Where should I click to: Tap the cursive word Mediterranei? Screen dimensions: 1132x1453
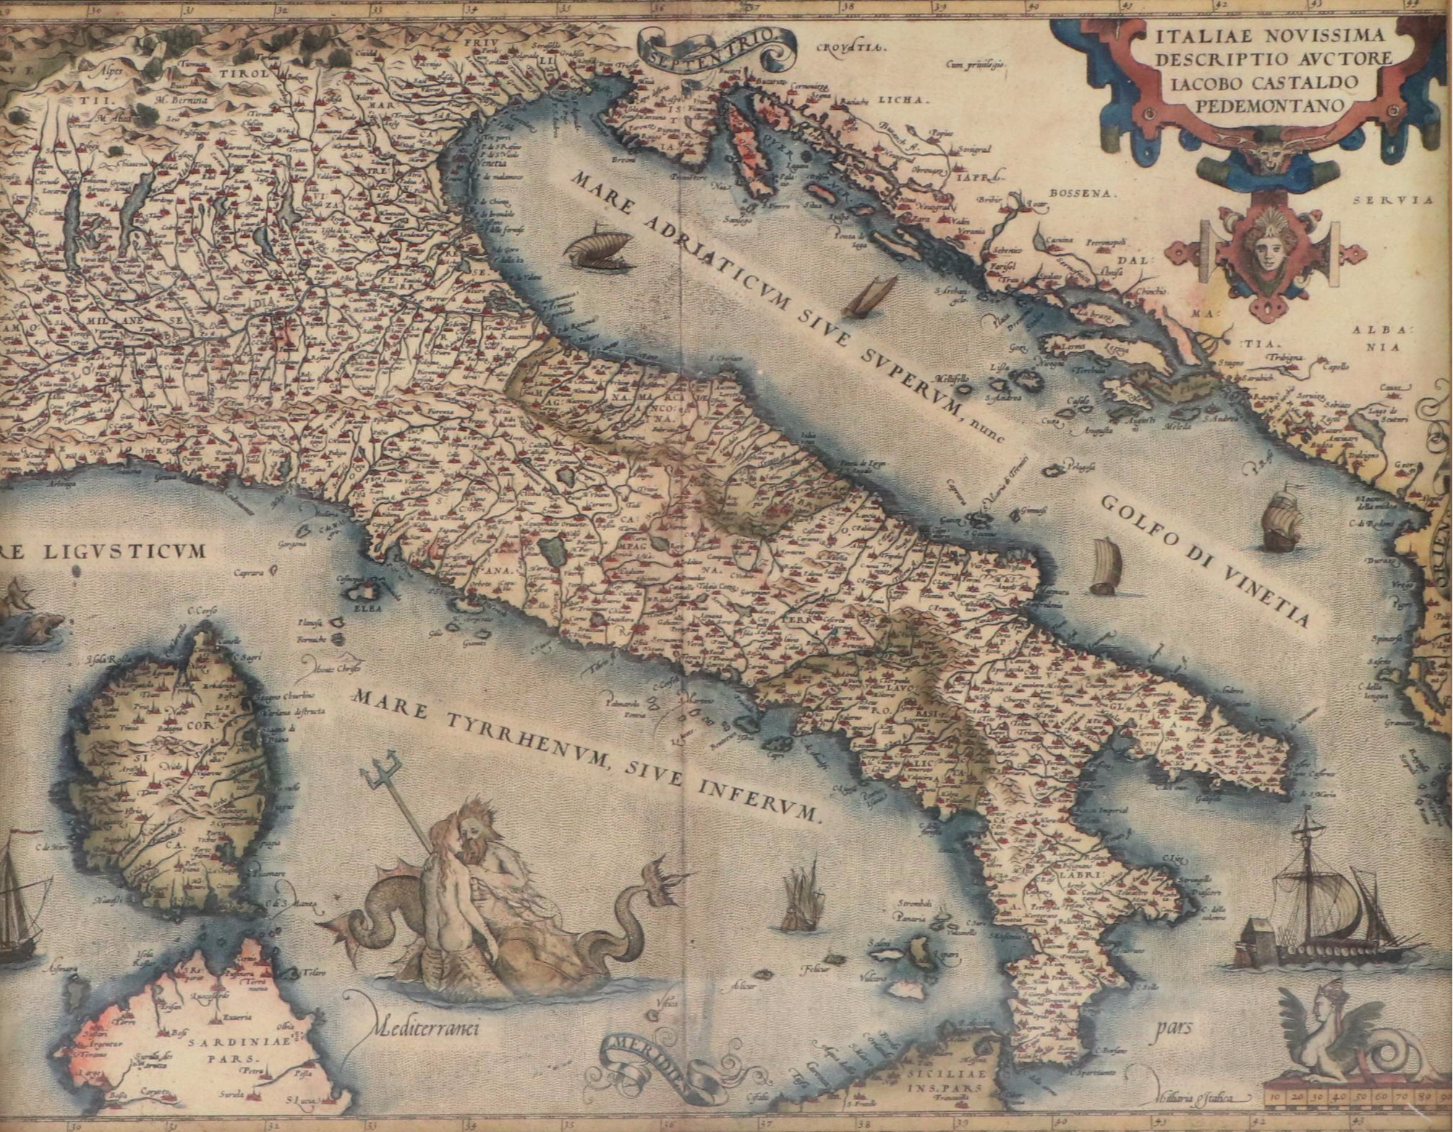point(427,1027)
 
